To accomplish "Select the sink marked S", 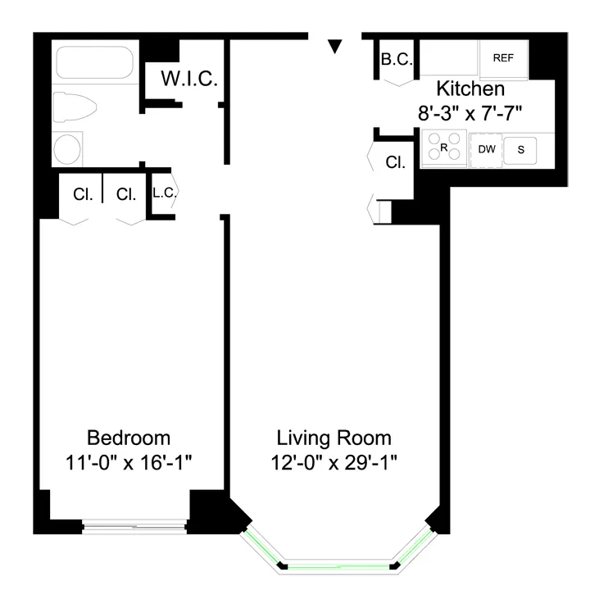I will coord(520,149).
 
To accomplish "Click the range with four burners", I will coord(443,148).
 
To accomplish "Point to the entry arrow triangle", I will coord(334,47).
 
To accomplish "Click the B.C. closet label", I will coord(397,59).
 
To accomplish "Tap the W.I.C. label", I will coord(189,79).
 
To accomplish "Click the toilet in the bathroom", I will coord(75,107).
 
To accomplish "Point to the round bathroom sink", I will coord(67,150).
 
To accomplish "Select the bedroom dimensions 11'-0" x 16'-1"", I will coord(129,462).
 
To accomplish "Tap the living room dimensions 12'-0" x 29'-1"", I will coord(334,462).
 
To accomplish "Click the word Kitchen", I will coord(470,88).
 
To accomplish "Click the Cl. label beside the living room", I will coord(396,162).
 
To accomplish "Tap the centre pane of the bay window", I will coord(339,565).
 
